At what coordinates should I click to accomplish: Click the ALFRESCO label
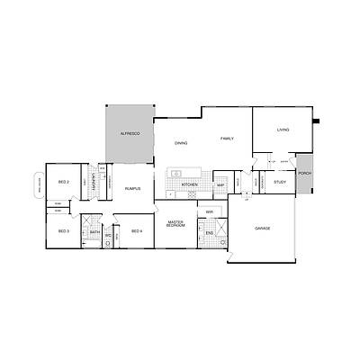130,133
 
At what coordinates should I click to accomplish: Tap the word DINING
181,143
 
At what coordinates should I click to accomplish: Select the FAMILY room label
227,138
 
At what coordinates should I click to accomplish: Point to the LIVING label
283,130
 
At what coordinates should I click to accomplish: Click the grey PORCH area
305,174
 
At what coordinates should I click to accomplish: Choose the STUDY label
280,183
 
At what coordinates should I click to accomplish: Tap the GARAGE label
263,229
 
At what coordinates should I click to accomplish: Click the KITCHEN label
190,185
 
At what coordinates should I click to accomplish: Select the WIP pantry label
220,185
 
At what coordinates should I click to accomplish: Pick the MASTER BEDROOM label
176,223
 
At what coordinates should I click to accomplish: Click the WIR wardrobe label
209,212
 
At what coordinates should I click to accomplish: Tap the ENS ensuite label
209,233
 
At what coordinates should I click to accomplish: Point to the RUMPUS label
132,189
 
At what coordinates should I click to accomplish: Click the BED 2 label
64,183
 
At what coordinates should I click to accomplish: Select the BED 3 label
63,231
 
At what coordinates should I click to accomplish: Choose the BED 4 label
137,231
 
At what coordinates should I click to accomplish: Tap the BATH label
94,233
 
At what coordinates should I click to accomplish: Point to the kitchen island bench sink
179,172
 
